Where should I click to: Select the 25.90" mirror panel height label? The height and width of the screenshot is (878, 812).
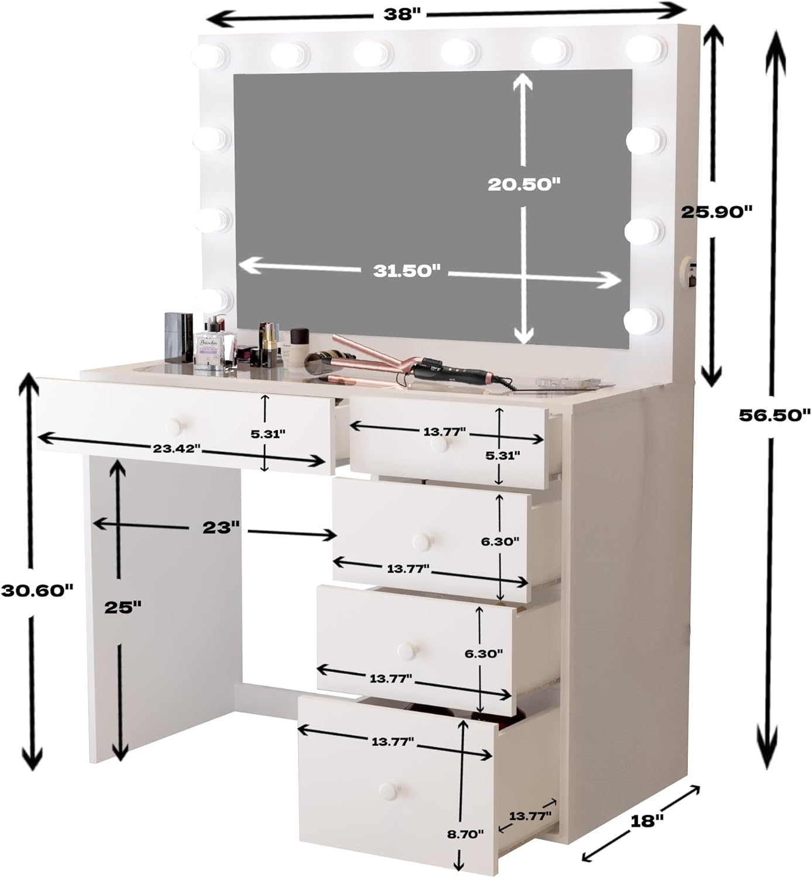pyautogui.click(x=715, y=211)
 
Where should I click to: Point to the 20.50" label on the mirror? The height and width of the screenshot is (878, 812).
pyautogui.click(x=524, y=184)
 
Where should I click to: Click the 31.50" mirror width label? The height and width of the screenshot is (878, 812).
pyautogui.click(x=406, y=270)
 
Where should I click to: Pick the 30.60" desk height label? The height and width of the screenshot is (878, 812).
pyautogui.click(x=36, y=590)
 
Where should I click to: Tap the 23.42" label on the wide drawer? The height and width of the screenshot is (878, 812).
pyautogui.click(x=177, y=449)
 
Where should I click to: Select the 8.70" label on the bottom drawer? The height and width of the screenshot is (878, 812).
pyautogui.click(x=465, y=834)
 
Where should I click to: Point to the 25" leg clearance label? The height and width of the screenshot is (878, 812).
pyautogui.click(x=123, y=608)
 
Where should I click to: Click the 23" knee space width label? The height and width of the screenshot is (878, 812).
pyautogui.click(x=221, y=527)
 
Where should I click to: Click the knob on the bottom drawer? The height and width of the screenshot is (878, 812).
pyautogui.click(x=388, y=790)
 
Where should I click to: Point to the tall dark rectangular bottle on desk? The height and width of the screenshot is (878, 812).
pyautogui.click(x=179, y=337)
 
